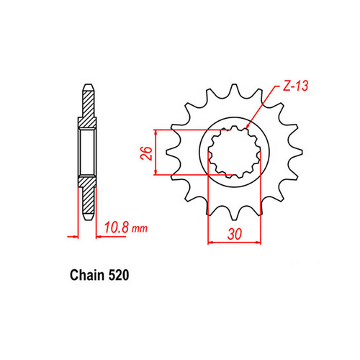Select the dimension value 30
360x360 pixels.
[233, 234]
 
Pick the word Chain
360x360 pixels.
[87, 276]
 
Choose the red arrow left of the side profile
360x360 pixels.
[72, 235]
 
